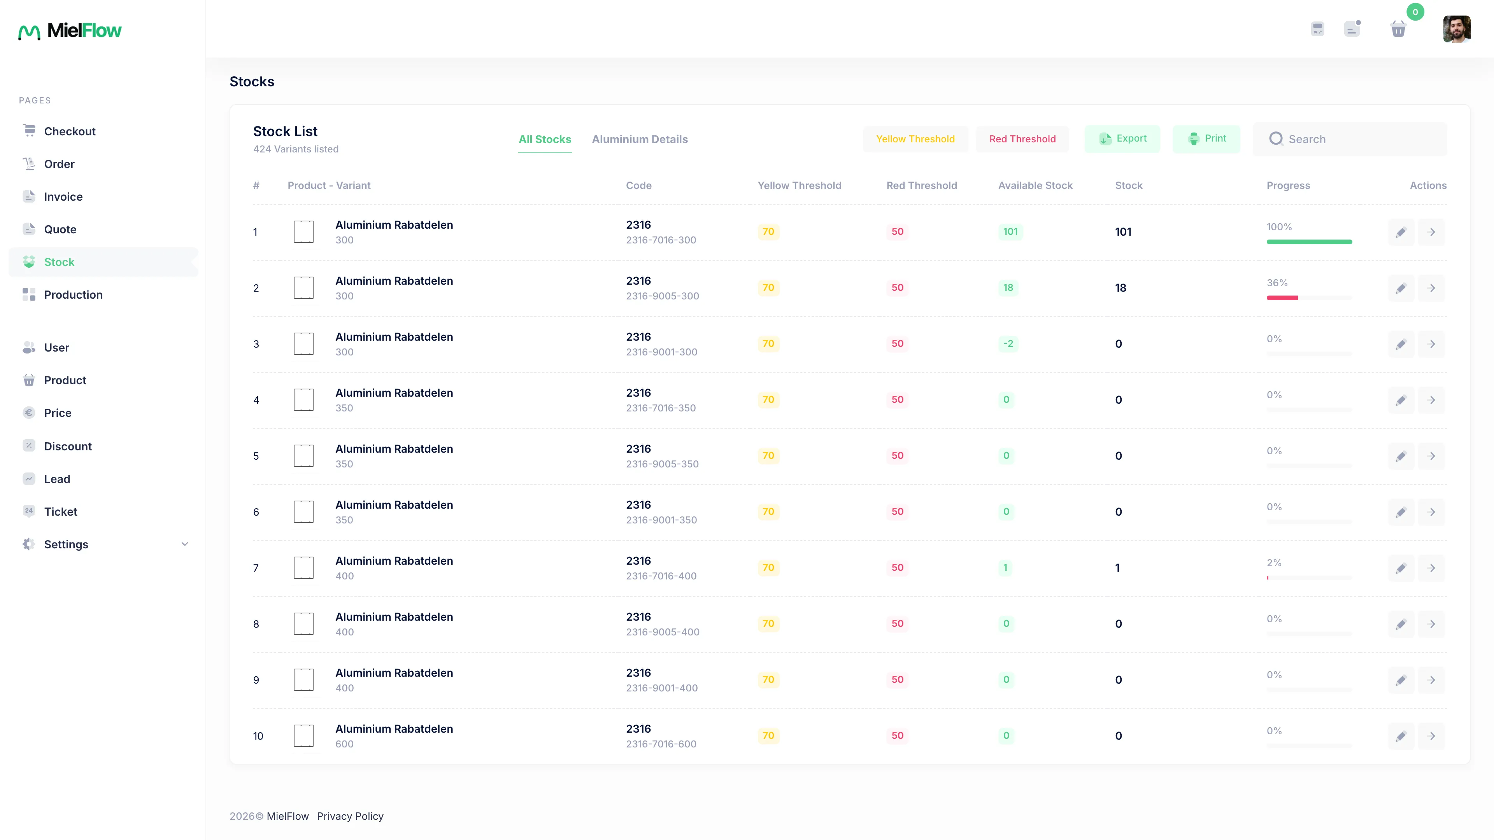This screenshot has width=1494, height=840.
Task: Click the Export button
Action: (x=1122, y=138)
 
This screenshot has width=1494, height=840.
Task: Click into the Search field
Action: (x=1350, y=139)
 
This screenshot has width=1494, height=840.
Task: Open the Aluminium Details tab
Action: (x=640, y=139)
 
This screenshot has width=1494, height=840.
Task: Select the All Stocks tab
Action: (x=545, y=139)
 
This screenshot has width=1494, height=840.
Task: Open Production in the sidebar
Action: (x=73, y=294)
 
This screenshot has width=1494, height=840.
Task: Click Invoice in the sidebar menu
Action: (x=63, y=196)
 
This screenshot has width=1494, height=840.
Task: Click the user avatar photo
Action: (x=1456, y=29)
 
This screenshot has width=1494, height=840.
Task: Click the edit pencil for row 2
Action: (x=1401, y=288)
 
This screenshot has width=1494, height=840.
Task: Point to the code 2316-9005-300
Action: (x=662, y=296)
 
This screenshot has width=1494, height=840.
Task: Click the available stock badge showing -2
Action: (x=1008, y=344)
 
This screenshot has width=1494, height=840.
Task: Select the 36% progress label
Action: (x=1277, y=283)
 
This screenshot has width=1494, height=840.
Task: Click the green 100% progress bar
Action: (x=1309, y=242)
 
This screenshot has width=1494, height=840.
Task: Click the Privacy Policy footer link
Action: (x=350, y=816)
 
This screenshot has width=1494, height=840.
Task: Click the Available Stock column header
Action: (x=1035, y=185)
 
